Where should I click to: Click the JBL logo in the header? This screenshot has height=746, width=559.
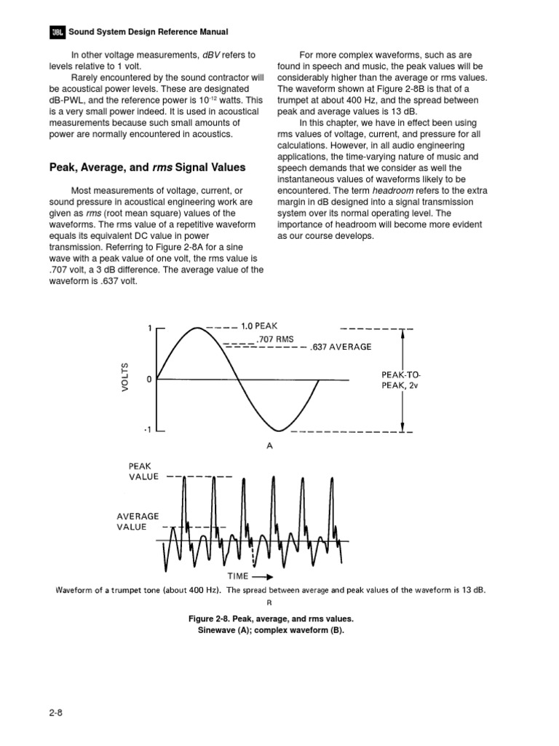pos(57,32)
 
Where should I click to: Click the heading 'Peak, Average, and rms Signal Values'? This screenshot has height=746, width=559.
pos(147,168)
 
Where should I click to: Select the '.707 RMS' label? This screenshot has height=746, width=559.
pos(275,339)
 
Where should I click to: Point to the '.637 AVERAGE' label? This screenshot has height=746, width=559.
pos(341,348)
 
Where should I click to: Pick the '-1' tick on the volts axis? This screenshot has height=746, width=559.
pos(147,431)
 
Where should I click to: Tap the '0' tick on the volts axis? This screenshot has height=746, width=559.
pos(148,380)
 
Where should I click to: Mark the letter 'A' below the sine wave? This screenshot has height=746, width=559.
pos(269,447)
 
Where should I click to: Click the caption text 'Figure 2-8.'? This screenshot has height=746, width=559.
pos(212,619)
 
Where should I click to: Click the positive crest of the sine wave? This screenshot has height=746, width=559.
pos(198,329)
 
